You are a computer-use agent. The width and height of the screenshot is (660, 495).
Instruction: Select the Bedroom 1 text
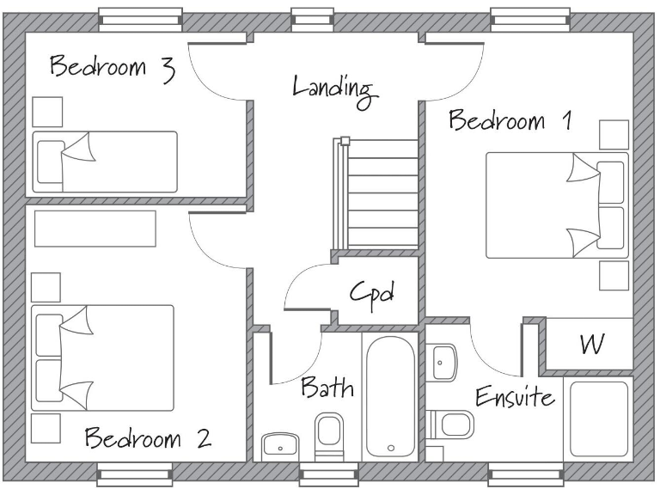(x=511, y=120)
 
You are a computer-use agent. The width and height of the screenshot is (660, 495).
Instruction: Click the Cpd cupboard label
(x=371, y=294)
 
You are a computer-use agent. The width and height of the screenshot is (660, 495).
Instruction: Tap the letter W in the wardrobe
(x=589, y=345)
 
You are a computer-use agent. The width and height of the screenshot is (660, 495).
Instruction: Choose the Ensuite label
(x=515, y=399)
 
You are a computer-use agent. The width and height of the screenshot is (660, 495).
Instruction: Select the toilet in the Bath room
(x=329, y=435)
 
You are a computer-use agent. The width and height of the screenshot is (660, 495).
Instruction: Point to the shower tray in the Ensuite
(x=598, y=419)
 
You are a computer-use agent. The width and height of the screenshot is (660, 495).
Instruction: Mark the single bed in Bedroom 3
(x=104, y=162)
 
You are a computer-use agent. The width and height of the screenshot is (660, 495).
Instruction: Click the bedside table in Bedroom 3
(x=46, y=112)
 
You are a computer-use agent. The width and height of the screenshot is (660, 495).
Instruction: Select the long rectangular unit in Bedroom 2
(x=95, y=228)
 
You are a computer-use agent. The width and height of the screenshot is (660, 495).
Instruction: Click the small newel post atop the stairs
(x=345, y=141)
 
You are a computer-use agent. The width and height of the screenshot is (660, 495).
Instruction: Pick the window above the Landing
(x=311, y=18)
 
